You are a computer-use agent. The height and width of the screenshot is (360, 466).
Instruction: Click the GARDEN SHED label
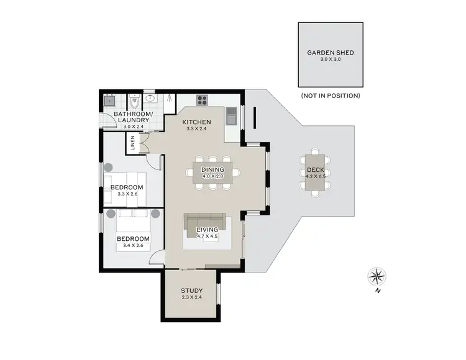[330, 53]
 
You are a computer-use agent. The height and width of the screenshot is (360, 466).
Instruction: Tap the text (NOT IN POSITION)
[330, 96]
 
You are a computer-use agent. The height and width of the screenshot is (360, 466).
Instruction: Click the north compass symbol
[377, 275]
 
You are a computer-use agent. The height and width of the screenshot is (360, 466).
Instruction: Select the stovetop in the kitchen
[203, 99]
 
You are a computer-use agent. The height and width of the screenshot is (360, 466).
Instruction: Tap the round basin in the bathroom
[150, 98]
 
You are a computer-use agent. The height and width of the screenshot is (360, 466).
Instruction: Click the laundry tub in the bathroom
[109, 99]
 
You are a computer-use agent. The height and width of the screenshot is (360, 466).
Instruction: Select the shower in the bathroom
[166, 99]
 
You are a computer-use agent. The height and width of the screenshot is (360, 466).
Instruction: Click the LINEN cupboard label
[132, 143]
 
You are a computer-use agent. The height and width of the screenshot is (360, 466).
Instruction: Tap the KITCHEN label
[197, 122]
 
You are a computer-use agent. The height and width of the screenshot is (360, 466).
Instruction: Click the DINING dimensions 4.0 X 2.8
[212, 177]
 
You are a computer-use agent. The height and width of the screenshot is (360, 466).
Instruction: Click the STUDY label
[191, 290]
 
